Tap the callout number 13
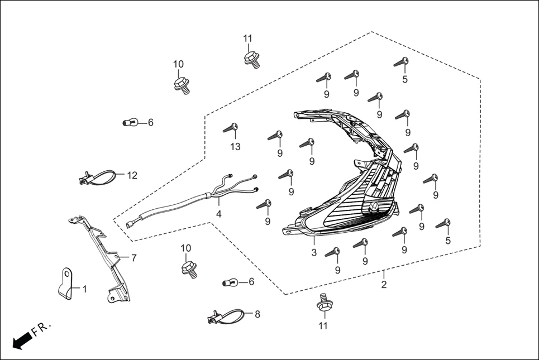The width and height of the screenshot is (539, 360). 235,147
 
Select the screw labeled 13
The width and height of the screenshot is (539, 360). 231,128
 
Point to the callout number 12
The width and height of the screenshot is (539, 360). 132,175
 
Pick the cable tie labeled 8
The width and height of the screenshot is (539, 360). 227,318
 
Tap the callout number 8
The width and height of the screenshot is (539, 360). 257,314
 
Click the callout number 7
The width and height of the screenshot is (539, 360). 133,257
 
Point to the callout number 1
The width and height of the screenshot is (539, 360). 84,289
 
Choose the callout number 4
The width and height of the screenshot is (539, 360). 219,214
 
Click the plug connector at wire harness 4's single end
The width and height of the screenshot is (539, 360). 130,225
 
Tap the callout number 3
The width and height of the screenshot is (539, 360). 314,253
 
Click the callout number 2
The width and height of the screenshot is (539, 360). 384,285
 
